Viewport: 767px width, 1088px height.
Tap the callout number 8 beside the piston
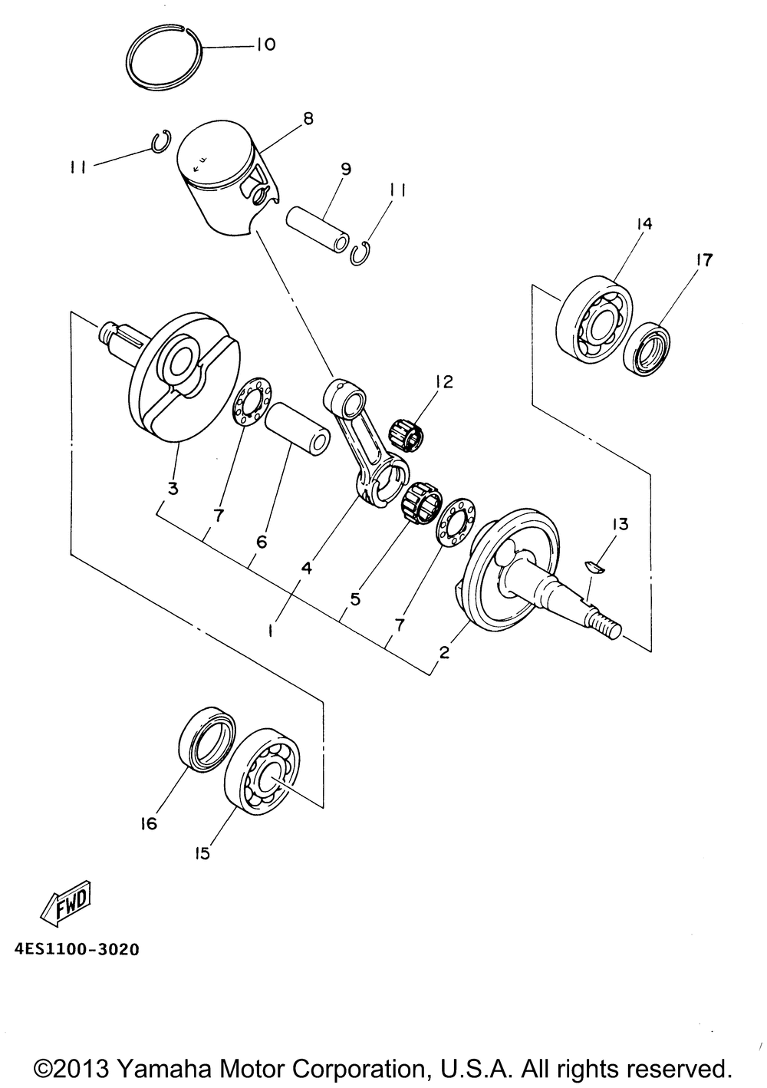308,118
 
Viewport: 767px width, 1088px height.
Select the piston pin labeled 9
317,229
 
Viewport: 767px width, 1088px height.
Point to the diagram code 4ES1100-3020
77,949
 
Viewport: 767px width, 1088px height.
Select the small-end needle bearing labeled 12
407,434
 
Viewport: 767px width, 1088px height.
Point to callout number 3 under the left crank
173,488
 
